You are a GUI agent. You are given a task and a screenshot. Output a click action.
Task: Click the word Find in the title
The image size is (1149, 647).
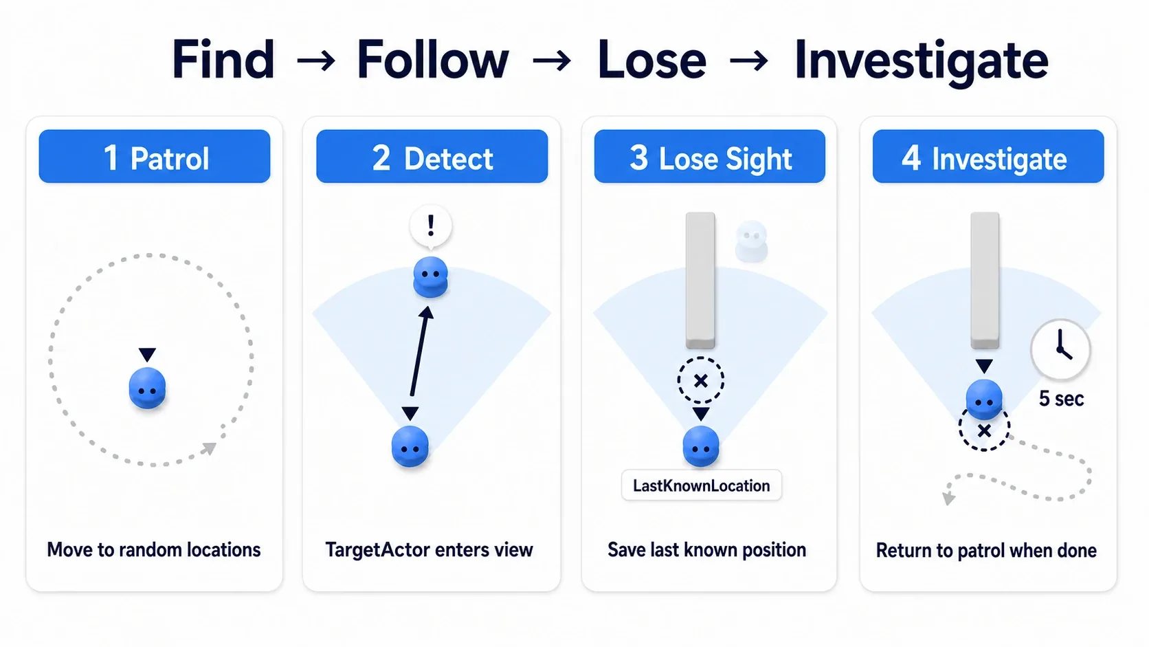[223, 60]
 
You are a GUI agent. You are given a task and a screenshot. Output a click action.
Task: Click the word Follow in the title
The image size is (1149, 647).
[433, 60]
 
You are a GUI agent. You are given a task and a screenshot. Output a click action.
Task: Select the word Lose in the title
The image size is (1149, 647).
[652, 60]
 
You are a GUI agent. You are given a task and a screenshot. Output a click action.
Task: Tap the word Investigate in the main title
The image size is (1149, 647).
[922, 62]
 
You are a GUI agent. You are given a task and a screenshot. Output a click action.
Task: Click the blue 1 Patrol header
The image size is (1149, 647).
[155, 157]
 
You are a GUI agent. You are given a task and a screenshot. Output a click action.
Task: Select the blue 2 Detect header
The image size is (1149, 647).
[432, 157]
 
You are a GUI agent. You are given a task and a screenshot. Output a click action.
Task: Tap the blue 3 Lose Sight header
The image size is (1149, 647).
[710, 157]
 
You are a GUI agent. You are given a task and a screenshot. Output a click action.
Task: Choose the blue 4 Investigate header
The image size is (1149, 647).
[988, 157]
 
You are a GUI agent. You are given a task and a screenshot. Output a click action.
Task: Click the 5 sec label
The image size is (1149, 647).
[1061, 399]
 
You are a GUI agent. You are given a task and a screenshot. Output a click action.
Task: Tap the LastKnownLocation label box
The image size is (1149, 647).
[701, 485]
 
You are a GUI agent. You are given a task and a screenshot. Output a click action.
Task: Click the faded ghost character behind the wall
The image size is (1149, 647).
[752, 241]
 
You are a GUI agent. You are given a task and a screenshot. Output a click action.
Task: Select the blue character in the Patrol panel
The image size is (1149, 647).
[147, 388]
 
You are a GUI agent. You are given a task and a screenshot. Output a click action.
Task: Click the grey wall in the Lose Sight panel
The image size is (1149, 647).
[700, 280]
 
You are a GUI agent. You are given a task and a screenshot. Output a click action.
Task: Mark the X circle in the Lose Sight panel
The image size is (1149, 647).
[701, 381]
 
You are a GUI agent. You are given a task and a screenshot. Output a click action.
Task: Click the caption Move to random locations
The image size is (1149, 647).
[154, 550]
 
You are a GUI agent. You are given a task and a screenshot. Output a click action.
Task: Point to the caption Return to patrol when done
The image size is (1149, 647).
[986, 551]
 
